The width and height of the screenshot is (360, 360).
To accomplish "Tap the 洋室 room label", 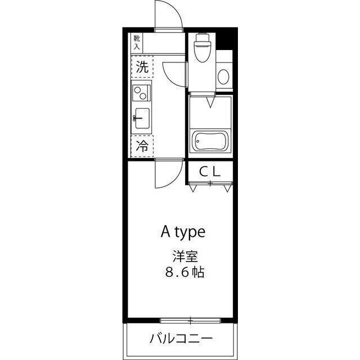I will point(184,256).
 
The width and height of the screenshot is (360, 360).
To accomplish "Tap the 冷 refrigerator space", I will point(143,147).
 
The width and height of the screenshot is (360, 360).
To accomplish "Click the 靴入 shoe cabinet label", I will point(137,42).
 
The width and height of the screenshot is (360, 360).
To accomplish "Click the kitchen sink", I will point(142,118).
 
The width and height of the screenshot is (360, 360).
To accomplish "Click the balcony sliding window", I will point(191,321).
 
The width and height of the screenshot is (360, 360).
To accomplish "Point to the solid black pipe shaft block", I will point(227,40).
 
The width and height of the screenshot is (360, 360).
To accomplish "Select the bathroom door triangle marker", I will point(209,102).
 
